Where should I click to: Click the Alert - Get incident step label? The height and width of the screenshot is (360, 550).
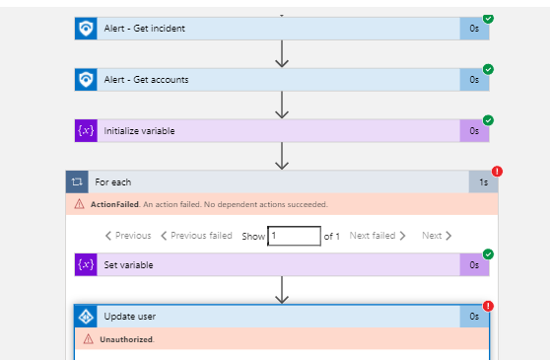tap(144, 28)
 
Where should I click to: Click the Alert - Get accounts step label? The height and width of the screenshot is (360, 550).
tap(146, 79)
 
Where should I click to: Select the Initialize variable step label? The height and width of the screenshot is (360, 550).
tap(140, 130)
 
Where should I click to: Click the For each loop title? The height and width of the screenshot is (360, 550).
tap(112, 181)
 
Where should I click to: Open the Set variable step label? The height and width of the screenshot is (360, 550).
tap(128, 264)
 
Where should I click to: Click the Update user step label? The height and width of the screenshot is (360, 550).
tap(129, 317)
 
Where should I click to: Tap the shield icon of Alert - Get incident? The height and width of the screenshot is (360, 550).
tap(86, 28)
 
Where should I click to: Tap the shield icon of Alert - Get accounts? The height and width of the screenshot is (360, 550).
tap(86, 79)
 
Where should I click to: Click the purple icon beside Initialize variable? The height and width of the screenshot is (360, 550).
tap(86, 130)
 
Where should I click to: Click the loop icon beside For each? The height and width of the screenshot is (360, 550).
tap(78, 181)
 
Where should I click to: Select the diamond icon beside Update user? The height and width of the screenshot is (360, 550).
tap(86, 317)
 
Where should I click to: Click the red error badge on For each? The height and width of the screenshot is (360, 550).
tap(497, 171)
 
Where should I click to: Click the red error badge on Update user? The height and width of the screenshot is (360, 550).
tap(489, 306)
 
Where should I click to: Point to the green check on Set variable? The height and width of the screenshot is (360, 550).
tap(489, 253)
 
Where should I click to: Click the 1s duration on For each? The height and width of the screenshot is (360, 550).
tap(483, 182)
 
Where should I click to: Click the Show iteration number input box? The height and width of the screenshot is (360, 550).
tap(295, 236)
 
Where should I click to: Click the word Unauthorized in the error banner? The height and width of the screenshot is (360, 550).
tap(126, 339)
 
